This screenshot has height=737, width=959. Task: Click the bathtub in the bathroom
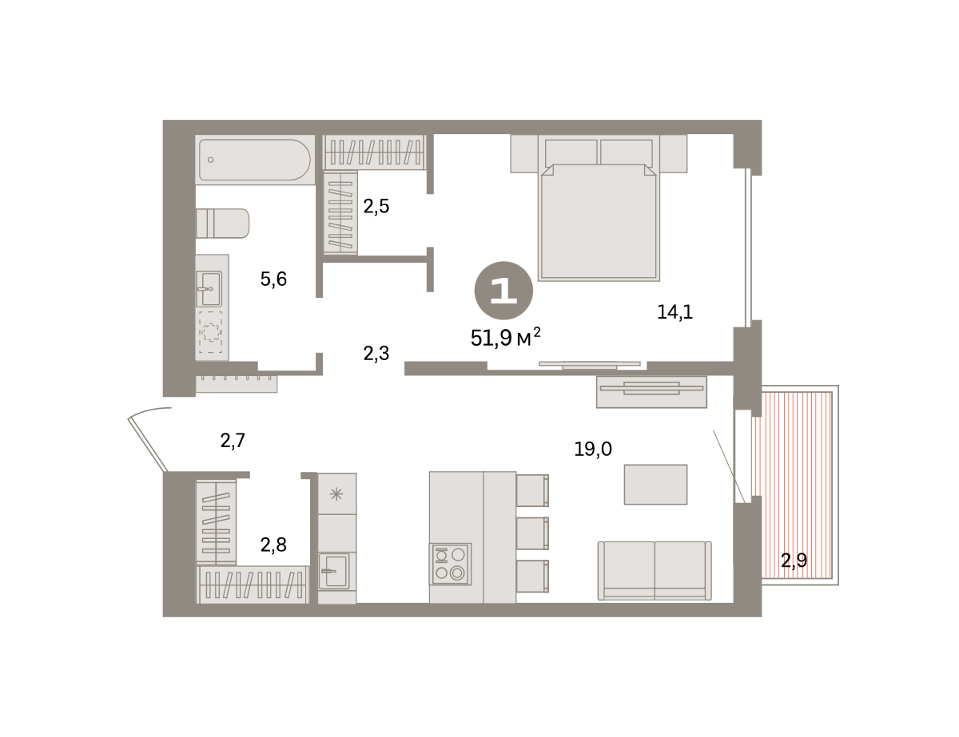(255, 160)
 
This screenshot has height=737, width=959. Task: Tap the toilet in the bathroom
(222, 224)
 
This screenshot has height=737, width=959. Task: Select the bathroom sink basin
(209, 289)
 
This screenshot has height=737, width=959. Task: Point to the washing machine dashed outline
(210, 332)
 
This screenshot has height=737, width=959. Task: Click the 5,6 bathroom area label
(273, 279)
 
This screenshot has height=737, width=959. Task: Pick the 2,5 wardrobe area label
(376, 206)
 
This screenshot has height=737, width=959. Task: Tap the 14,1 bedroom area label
(674, 312)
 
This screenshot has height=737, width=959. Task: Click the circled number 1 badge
(503, 291)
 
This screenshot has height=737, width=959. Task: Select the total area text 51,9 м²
(505, 338)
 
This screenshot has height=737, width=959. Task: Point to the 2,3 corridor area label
(376, 354)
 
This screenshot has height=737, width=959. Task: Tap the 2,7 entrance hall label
(233, 441)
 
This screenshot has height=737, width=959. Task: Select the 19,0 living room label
(593, 450)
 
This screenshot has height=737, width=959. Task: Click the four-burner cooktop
(451, 565)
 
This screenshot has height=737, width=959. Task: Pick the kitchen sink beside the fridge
(334, 571)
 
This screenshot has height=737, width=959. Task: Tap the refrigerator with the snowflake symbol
(337, 493)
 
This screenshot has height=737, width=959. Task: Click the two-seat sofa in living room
(655, 570)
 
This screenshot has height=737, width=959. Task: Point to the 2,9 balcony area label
(794, 561)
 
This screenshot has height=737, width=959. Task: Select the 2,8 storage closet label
(273, 545)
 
